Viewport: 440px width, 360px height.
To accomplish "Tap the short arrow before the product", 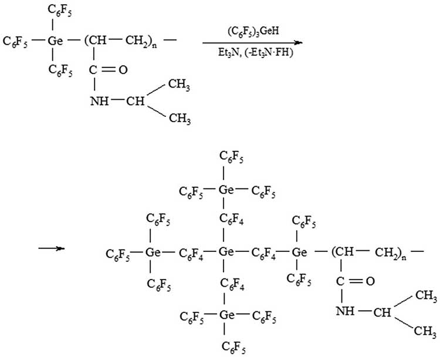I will pos(51,249).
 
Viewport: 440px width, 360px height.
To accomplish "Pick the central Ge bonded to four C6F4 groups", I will pos(224,253).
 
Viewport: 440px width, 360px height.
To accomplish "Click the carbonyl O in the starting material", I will pos(123,70).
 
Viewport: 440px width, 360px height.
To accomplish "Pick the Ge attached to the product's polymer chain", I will pos(299,253).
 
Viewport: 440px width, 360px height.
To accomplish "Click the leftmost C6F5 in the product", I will pos(117,253).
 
